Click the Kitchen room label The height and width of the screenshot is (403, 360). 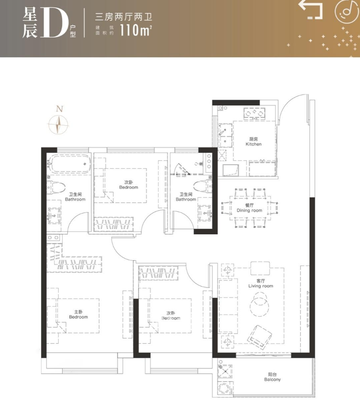tap(254, 142)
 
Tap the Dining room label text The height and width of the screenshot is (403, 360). tap(249, 208)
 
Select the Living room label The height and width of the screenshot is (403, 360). tap(261, 283)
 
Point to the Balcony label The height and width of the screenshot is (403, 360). tap(272, 377)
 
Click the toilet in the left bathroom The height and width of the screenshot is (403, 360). tap(55, 187)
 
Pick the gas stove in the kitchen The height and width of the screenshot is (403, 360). tap(254, 113)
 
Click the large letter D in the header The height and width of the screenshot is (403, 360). tap(54, 22)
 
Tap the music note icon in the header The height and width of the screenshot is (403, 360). tap(346, 12)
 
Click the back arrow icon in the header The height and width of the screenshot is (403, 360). tap(311, 10)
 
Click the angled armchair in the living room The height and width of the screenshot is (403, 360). tap(259, 337)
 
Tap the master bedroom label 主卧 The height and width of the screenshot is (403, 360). tap(78, 312)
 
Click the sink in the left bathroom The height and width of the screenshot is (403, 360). tap(54, 215)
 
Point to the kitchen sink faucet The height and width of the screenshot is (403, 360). tap(222, 132)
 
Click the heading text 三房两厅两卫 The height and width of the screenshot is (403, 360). tap(124, 17)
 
